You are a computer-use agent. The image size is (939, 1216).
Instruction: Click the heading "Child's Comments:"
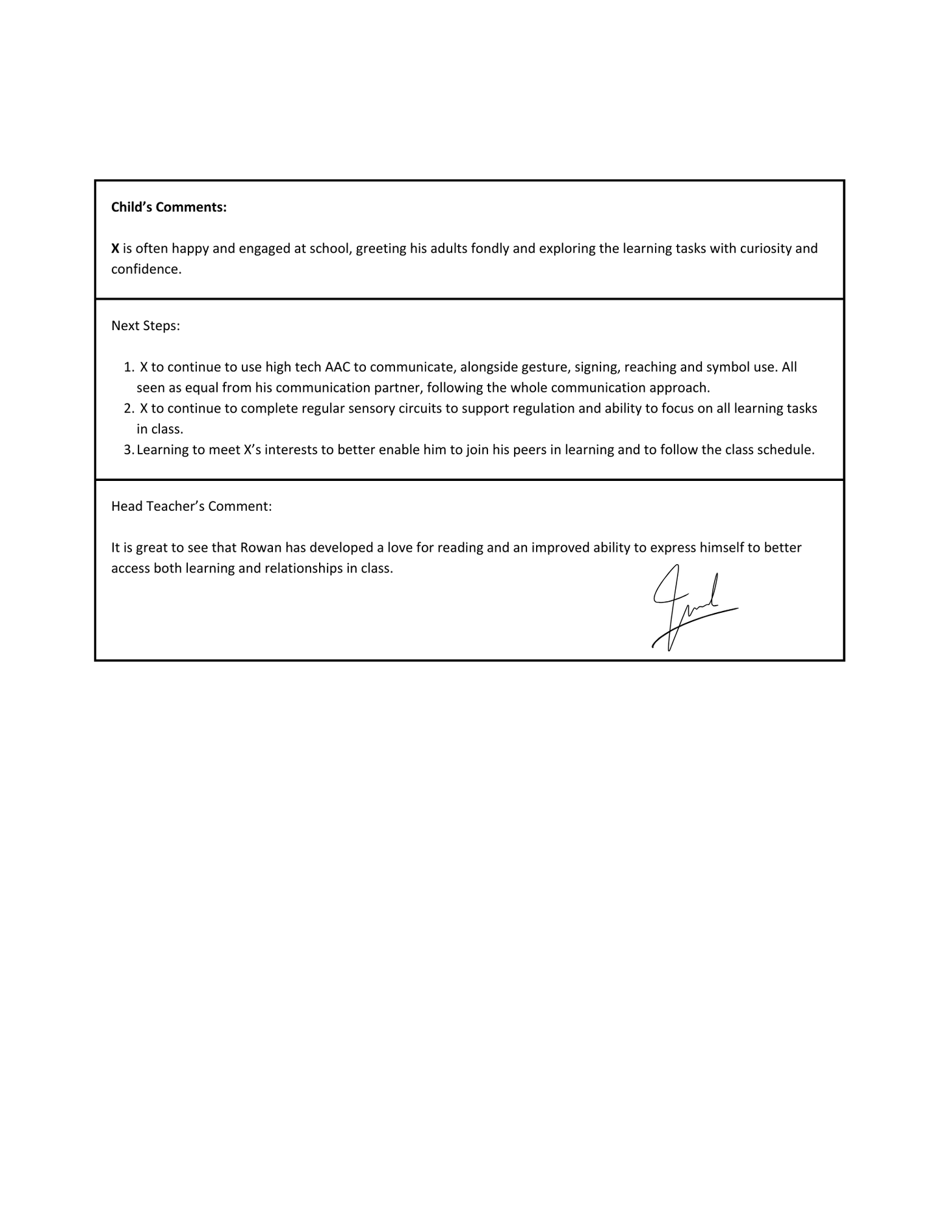(169, 207)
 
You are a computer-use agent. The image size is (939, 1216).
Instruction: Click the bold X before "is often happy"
(115, 248)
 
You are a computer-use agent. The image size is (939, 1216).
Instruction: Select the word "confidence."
(146, 269)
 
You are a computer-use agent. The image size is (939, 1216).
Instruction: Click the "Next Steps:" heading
(146, 326)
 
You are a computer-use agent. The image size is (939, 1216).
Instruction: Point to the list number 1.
(128, 367)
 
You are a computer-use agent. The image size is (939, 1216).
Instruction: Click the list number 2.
(128, 409)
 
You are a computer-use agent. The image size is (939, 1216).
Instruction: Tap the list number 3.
(128, 450)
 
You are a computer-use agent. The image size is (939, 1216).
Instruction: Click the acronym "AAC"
(337, 367)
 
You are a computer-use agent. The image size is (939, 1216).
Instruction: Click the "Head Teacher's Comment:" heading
(192, 506)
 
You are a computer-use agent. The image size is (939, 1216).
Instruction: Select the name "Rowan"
(261, 548)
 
